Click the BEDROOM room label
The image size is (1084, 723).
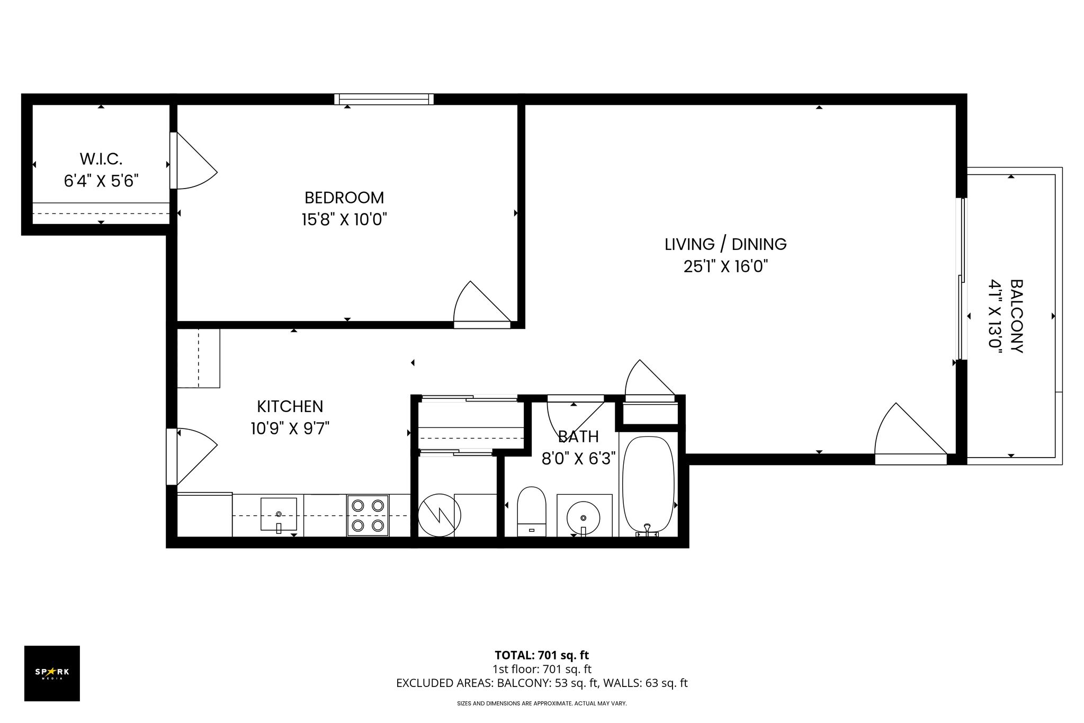(344, 198)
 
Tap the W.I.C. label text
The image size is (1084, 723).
(101, 158)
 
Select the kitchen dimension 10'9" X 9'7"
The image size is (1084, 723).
(290, 428)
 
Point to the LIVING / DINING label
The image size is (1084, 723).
(725, 244)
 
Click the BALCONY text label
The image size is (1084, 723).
(1016, 316)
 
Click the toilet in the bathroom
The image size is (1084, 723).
(531, 511)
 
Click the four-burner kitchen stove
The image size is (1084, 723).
(368, 515)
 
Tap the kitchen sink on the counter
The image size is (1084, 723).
(279, 514)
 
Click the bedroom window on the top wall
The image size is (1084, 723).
(384, 99)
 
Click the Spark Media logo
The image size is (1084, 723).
(52, 673)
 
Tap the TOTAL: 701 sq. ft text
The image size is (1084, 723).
(542, 655)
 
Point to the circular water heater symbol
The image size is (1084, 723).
(440, 514)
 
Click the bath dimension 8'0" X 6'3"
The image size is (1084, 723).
(579, 458)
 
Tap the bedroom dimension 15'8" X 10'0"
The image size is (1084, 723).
(344, 219)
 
